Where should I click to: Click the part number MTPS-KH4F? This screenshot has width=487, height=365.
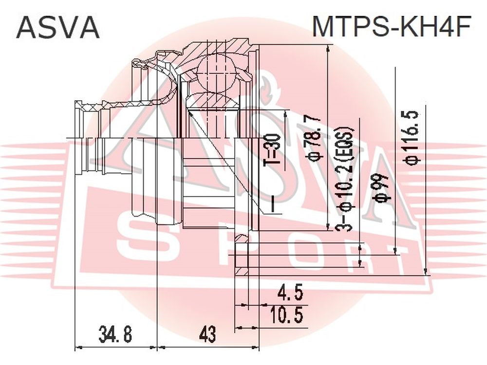point(392,26)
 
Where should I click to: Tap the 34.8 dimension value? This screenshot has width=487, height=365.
point(115,334)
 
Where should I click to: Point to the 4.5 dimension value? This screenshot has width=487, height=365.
point(286,293)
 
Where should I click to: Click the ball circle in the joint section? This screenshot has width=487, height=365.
point(217,73)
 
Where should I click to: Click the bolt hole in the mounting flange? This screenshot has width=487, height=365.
point(242,255)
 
